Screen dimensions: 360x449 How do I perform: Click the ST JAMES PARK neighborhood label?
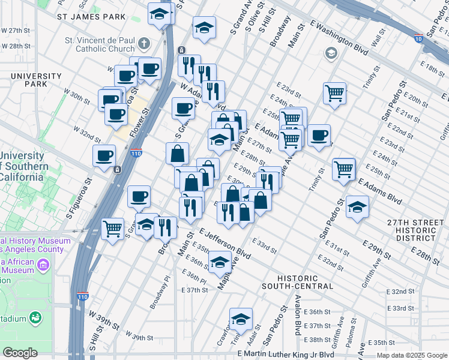click(x=92, y=17)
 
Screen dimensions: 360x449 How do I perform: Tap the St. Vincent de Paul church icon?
click(x=143, y=43)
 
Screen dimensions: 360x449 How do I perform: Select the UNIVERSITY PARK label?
click(x=36, y=80)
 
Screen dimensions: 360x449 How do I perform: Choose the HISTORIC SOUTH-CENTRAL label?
click(x=302, y=282)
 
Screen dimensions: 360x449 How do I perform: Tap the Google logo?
click(x=20, y=353)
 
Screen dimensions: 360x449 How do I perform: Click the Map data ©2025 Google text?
click(x=412, y=355)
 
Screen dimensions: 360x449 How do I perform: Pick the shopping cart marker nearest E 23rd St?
click(x=334, y=92)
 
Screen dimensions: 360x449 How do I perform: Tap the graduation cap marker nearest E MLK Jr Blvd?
click(x=241, y=319)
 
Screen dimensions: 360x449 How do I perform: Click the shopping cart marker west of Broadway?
click(x=113, y=228)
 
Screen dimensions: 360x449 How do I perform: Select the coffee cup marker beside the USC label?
click(x=104, y=155)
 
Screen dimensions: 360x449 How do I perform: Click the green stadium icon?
click(x=35, y=316)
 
